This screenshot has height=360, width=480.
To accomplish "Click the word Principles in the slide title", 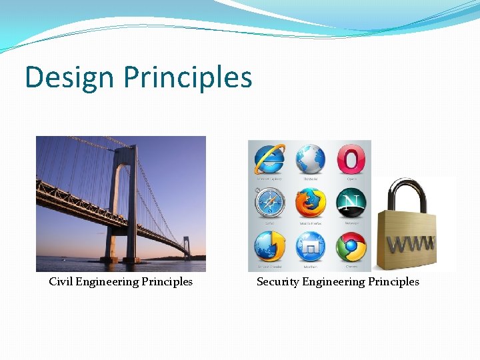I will [x=188, y=78].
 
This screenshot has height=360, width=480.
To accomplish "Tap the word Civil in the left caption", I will [x=61, y=281].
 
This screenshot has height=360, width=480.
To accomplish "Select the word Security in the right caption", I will [x=277, y=281].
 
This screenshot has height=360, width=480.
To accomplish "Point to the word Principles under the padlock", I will [x=393, y=281].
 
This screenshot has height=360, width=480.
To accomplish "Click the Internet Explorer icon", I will [x=269, y=160].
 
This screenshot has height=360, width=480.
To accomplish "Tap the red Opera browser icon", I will [x=351, y=160].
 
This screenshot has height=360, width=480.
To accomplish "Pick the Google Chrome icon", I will [x=351, y=247].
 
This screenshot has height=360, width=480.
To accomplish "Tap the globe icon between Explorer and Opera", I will [x=311, y=160].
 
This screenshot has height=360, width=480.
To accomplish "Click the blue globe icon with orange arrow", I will [x=269, y=247].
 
